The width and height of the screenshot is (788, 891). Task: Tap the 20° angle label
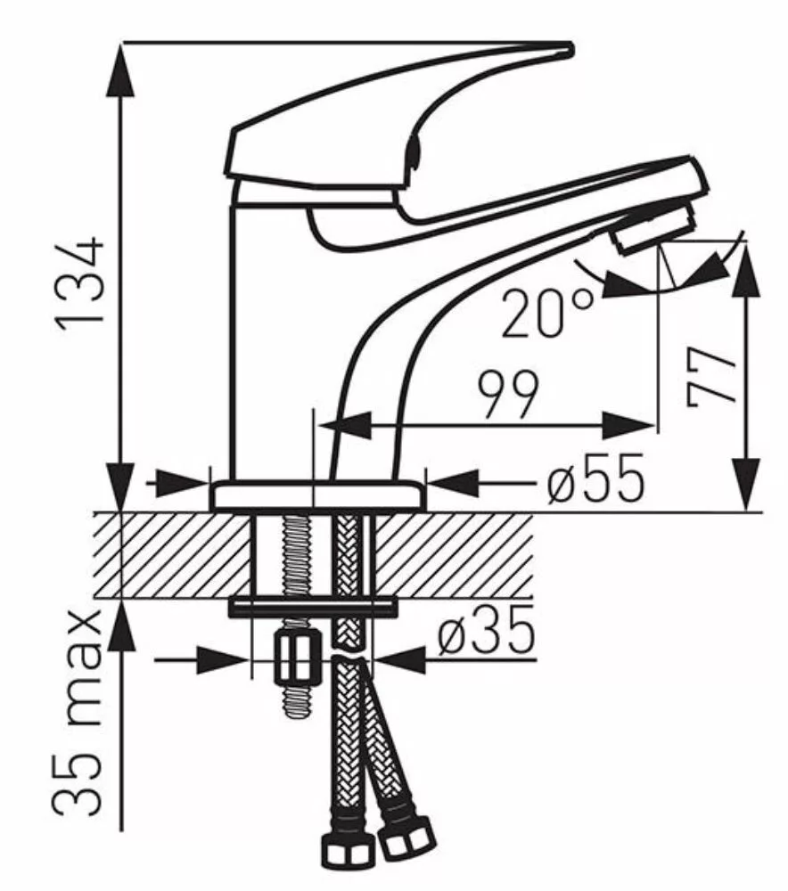point(546,314)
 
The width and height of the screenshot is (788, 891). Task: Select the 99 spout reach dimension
point(507,394)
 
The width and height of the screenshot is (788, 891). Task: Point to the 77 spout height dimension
point(710,377)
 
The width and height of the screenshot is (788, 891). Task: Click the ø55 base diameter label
point(595,478)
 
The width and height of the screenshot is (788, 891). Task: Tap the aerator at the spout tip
point(653,228)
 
